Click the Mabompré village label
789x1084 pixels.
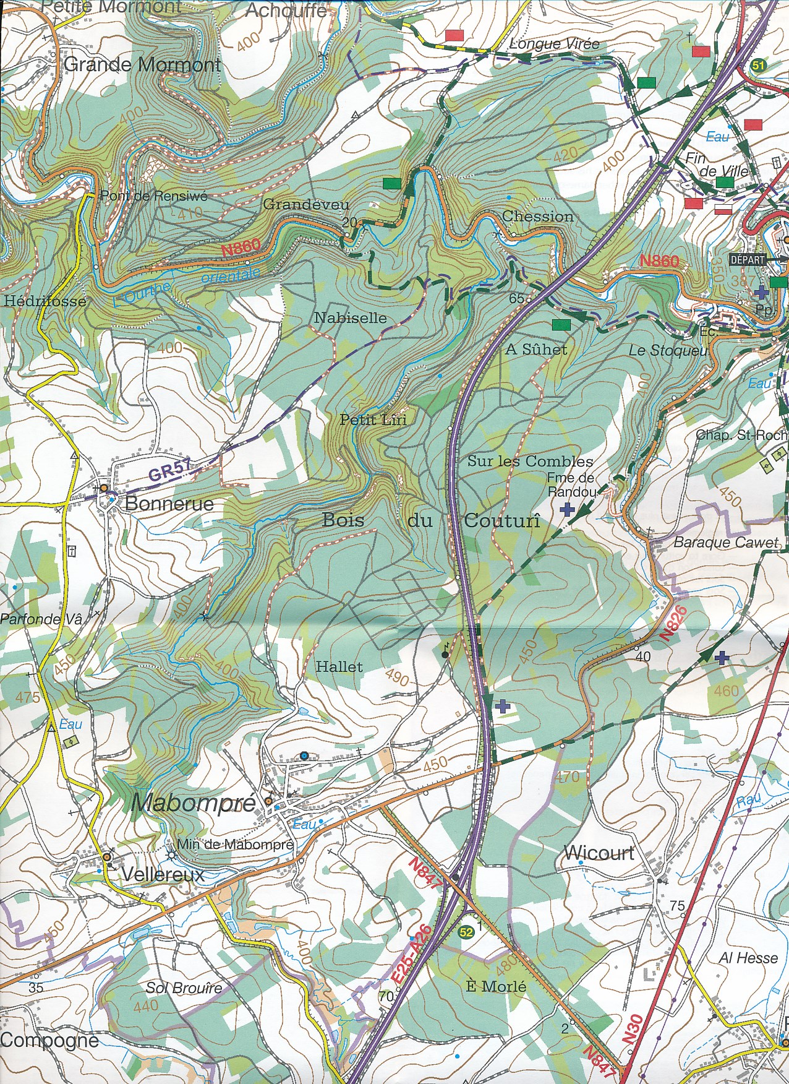194,802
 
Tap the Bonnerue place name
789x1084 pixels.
169,503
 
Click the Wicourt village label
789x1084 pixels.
599,853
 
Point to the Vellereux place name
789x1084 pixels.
163,874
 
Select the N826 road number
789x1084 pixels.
673,622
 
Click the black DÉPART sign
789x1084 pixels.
748,260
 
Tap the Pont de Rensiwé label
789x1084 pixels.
153,196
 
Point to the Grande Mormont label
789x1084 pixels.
142,64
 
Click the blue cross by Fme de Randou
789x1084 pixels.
566,509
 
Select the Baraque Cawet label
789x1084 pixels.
726,543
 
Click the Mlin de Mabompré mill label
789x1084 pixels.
235,845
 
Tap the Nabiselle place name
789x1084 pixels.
350,318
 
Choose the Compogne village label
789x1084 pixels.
49,1040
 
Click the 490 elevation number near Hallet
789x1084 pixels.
397,678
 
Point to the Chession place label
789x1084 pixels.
537,217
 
